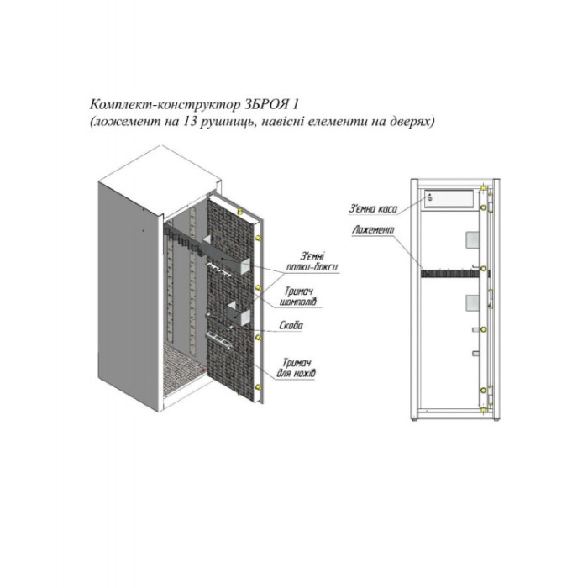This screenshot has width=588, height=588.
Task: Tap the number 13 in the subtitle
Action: tap(191, 122)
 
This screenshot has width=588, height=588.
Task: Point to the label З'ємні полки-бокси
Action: tap(312, 261)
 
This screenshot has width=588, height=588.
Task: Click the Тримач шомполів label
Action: tap(300, 297)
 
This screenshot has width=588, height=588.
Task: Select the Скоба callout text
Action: tap(291, 326)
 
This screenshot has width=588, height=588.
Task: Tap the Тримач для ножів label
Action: tap(297, 368)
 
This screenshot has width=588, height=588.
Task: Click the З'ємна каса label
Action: tap(373, 208)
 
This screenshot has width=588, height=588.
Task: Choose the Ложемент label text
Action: tap(373, 230)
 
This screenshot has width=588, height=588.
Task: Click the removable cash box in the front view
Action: tap(449, 200)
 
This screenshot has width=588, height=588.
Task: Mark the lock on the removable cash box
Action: tap(430, 197)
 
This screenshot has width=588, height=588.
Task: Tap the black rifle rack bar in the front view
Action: tap(451, 273)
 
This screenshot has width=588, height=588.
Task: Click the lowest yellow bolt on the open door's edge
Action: tap(259, 387)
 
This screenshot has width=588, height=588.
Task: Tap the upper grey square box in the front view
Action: tap(472, 239)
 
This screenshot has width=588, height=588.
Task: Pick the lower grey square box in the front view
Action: tap(472, 302)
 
